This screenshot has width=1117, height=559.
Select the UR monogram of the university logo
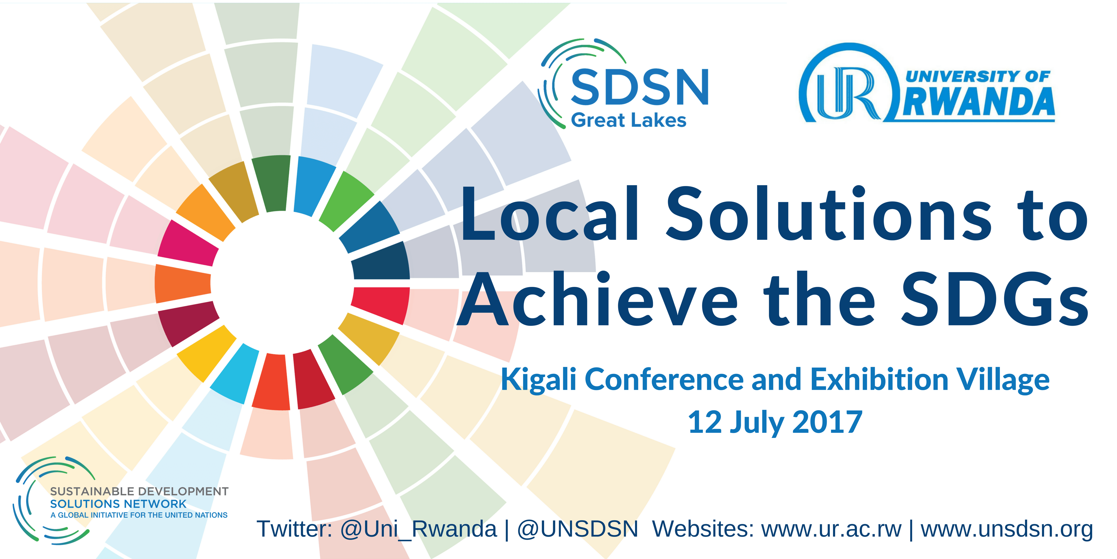click(849, 93)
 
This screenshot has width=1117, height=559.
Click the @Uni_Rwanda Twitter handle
click(418, 529)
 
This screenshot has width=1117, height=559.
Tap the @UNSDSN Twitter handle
click(578, 529)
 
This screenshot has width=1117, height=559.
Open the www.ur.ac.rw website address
click(831, 529)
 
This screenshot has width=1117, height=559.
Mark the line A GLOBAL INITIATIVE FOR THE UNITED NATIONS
click(139, 515)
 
